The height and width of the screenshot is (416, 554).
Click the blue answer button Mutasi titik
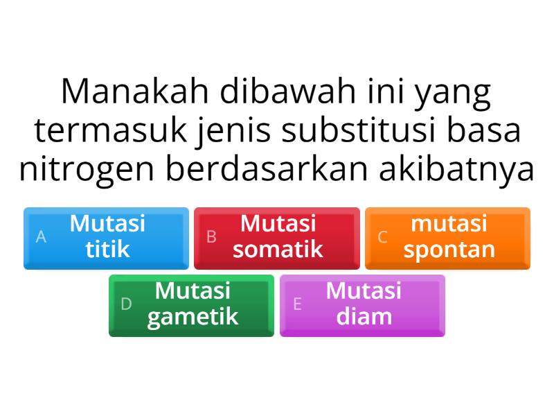(106, 237)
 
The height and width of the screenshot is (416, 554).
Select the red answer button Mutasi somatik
(276, 237)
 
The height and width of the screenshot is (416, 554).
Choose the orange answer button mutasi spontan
(447, 237)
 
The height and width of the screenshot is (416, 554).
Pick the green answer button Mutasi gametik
(191, 305)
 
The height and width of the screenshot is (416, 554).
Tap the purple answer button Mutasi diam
(362, 305)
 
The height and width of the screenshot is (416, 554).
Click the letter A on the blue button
(41, 237)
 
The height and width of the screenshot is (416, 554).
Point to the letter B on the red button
(212, 237)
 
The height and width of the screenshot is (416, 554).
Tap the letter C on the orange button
(382, 237)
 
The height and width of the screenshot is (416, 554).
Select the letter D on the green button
(126, 304)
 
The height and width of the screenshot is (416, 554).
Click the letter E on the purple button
(297, 304)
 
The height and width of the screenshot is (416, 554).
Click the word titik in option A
(107, 250)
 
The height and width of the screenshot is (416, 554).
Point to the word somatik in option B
(278, 250)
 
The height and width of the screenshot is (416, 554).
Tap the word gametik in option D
(193, 317)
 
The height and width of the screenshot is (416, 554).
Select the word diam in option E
(364, 317)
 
